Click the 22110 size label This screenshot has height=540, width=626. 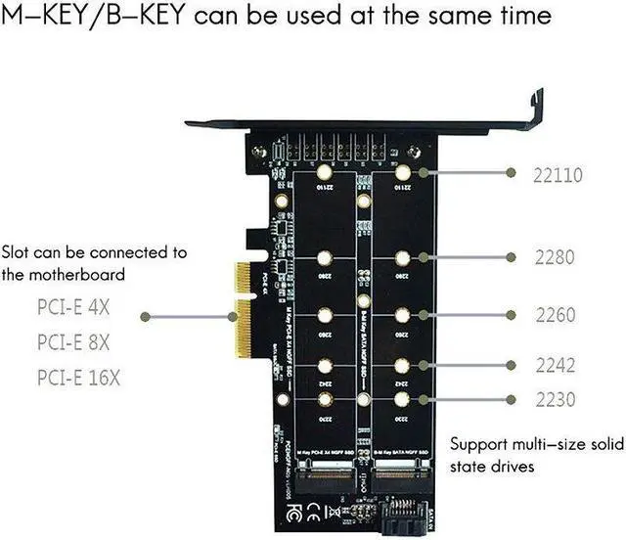click(558, 176)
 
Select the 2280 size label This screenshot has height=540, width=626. click(554, 258)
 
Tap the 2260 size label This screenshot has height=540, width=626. click(554, 315)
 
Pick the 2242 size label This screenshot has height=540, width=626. click(554, 364)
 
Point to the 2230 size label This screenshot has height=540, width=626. click(554, 399)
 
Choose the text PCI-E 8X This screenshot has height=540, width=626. click(74, 343)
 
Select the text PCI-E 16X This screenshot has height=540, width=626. click(79, 377)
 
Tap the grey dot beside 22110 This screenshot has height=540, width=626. click(511, 172)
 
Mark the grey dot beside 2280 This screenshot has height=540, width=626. click(511, 257)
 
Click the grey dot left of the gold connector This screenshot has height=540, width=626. click(145, 316)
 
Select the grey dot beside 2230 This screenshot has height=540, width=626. click(511, 399)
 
